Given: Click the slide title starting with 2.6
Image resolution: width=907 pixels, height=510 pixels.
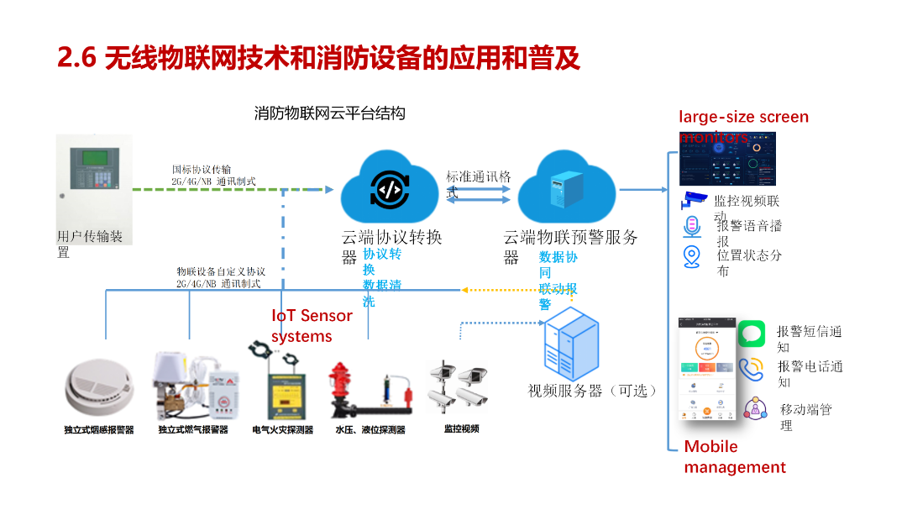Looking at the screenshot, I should click(x=318, y=58).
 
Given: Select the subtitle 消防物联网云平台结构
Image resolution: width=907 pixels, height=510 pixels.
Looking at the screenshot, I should click(x=330, y=113).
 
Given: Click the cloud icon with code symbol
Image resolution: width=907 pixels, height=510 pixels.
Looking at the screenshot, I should click(x=391, y=187).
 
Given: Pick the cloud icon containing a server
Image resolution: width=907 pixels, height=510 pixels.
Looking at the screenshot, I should click(x=568, y=187).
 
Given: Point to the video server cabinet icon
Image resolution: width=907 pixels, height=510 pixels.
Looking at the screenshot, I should click(x=571, y=344).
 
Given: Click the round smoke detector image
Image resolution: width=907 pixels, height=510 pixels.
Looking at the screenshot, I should click(x=99, y=387).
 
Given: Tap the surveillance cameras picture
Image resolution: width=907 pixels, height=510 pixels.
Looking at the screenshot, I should click(x=459, y=387).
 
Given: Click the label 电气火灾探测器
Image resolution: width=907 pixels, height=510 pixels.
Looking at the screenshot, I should click(x=282, y=430).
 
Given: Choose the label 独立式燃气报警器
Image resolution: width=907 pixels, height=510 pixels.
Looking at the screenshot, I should click(x=193, y=430).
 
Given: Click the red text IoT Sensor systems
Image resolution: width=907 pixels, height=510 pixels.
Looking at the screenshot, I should click(x=312, y=326).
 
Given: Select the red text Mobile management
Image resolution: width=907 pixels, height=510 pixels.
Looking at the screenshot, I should click(x=735, y=457).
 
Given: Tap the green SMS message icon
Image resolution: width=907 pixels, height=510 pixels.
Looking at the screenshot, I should click(x=752, y=334).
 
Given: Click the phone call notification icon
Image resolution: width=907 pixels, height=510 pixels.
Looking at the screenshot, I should click(x=752, y=370).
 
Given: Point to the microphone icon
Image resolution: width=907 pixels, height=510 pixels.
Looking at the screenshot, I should click(x=692, y=227).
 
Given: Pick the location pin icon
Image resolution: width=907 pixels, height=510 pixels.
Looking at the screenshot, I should click(x=692, y=255).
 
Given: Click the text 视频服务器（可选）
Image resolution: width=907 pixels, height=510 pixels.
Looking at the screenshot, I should click(x=592, y=391).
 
